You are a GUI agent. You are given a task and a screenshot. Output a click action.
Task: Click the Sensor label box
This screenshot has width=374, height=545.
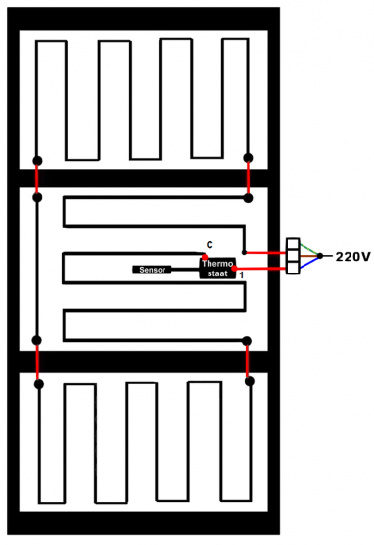point(151,270)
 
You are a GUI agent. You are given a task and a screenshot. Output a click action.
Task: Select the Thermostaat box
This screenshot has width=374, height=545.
point(216,268)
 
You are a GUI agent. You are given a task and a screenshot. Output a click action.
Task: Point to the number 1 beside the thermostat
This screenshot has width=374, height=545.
point(241,279)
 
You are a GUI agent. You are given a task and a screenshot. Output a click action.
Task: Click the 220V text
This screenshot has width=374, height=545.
point(351,257)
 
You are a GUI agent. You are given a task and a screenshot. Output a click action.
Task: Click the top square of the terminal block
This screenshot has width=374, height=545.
point(292,243)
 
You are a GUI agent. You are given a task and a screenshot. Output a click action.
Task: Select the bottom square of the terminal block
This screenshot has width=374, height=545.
point(292,269)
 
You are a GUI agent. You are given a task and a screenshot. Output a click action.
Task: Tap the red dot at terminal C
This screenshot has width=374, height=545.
point(205,257)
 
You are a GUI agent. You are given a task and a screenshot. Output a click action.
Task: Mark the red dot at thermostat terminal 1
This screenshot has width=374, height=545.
point(235,268)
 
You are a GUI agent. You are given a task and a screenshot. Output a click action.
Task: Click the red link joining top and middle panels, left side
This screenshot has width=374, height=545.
point(37,178)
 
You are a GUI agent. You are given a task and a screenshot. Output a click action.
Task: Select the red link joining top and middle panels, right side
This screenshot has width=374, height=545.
point(249,176)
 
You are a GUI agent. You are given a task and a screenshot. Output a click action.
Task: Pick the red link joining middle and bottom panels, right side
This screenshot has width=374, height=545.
point(249,361)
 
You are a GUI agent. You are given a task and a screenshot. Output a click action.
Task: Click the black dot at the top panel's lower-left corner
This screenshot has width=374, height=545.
point(37,160)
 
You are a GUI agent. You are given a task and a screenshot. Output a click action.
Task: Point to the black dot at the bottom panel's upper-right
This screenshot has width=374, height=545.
point(249,381)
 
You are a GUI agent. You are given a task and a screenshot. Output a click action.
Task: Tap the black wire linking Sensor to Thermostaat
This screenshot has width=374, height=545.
point(185,270)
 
